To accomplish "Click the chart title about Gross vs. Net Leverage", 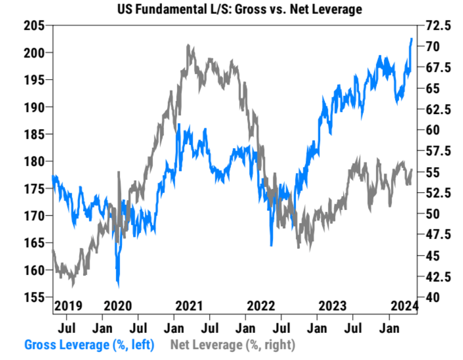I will pos(238,10).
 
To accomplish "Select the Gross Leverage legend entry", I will pos(89,345).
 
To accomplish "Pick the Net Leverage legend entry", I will pos(232,345).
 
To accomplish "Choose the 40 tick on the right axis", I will pos(427,297).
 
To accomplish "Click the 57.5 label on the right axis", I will pos(435,151).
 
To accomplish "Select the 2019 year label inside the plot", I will pos(68,306).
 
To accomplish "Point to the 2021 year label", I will pos(189,306).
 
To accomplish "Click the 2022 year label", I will pos(261,306).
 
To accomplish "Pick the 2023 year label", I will pos(332,306).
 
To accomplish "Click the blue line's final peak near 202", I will pos(412,39).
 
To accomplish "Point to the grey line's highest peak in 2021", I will pos(188,46).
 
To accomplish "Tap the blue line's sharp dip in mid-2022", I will pos(271,245).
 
